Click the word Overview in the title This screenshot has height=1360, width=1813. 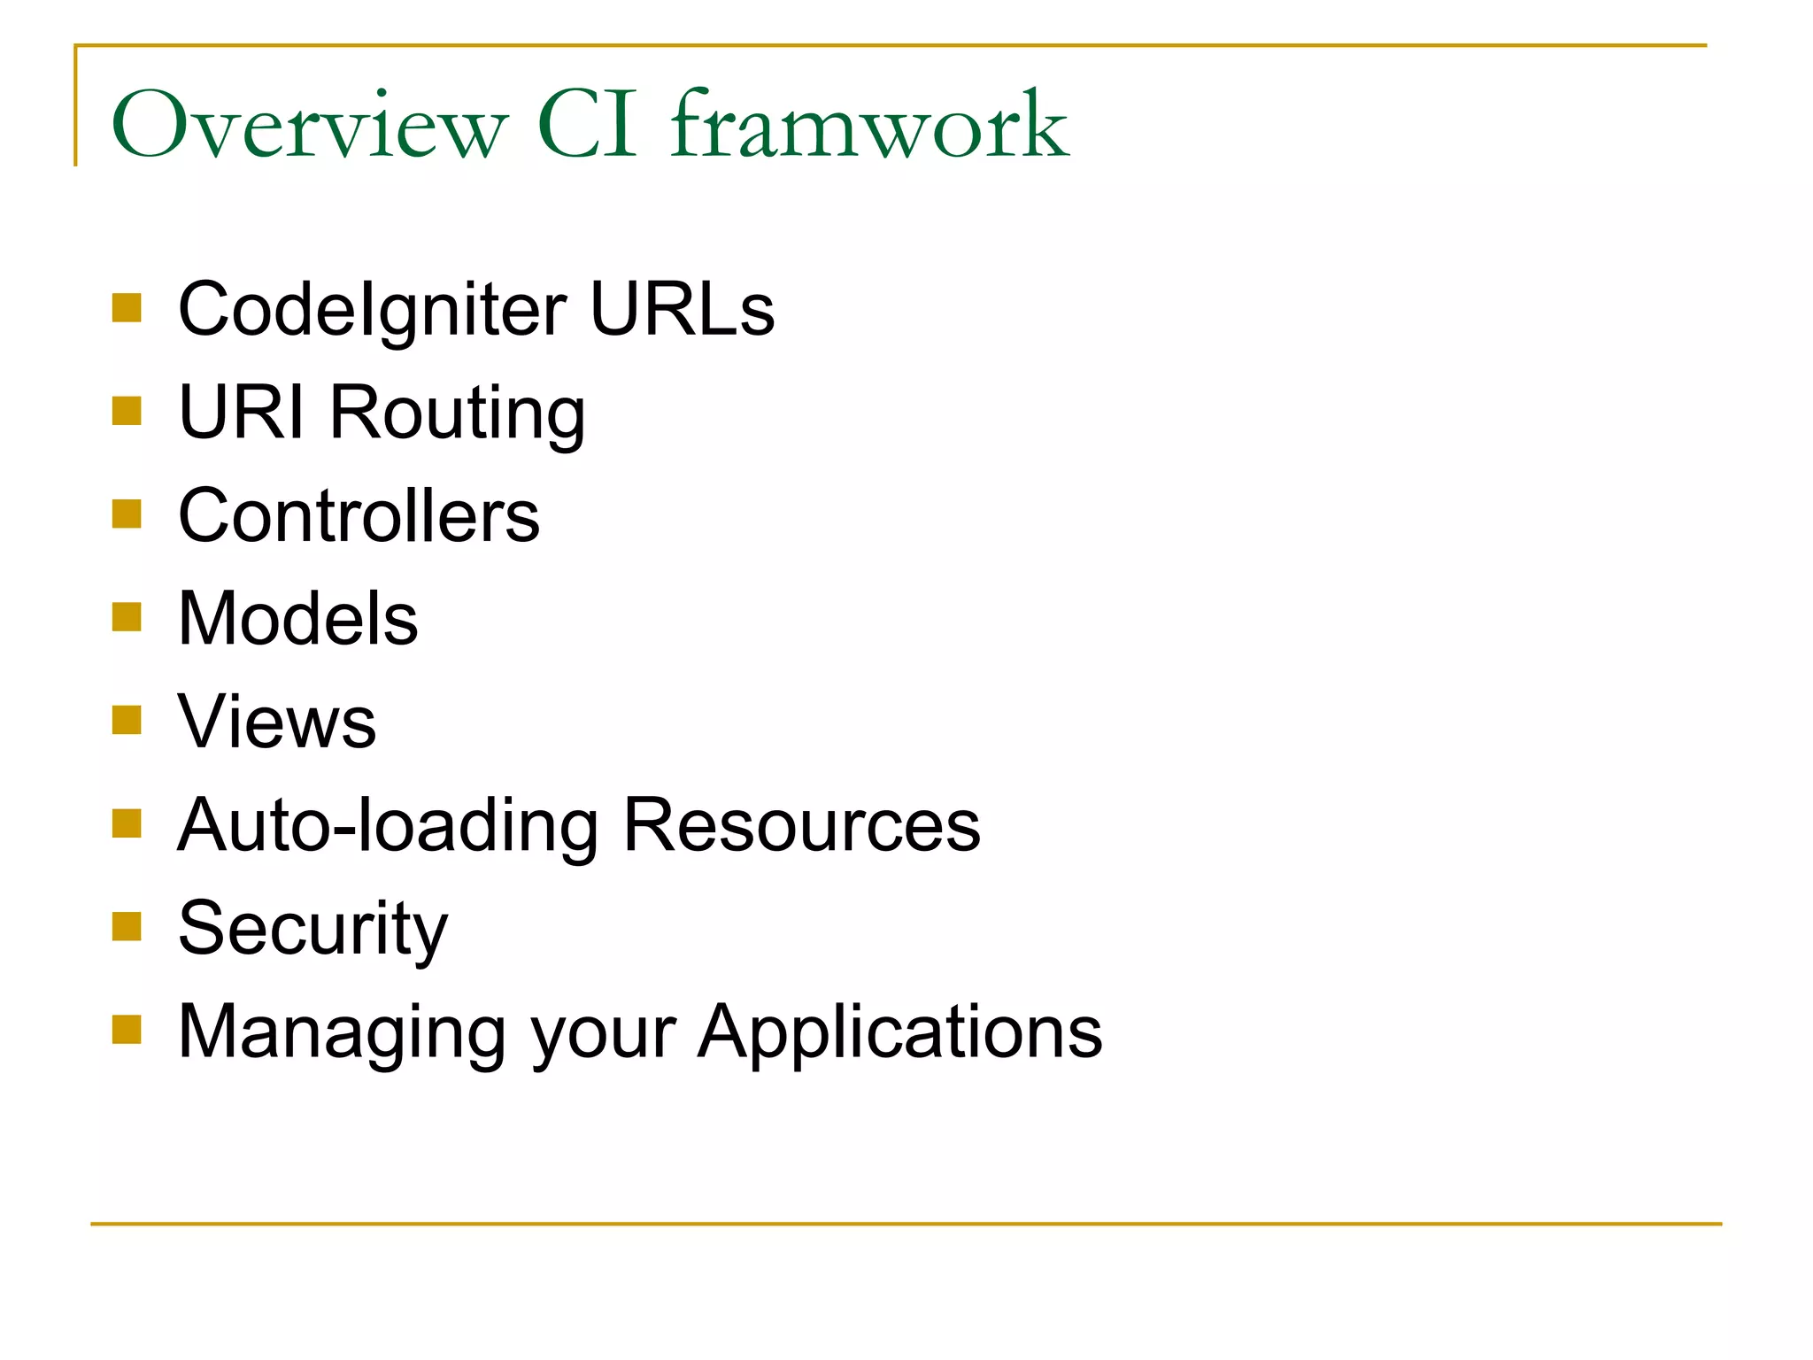tap(309, 125)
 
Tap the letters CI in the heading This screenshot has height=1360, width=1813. tap(587, 125)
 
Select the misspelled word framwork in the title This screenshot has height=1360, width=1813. tap(869, 125)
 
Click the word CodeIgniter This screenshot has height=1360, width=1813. tap(372, 310)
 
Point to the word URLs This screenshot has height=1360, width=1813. tap(682, 310)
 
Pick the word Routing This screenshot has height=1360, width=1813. tap(457, 413)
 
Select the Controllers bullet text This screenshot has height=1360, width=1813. tap(359, 515)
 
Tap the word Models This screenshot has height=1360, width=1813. tap(297, 618)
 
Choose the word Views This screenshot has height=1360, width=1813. tap(277, 722)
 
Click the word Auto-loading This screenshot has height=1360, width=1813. tap(388, 825)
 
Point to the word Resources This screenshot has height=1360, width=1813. tap(801, 825)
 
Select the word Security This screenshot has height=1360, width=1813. tap(312, 928)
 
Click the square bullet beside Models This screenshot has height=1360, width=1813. tap(127, 617)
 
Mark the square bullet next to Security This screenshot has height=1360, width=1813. tap(127, 926)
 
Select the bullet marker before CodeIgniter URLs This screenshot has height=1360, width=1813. tap(127, 308)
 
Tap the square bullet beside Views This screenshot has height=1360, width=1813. tap(127, 720)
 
